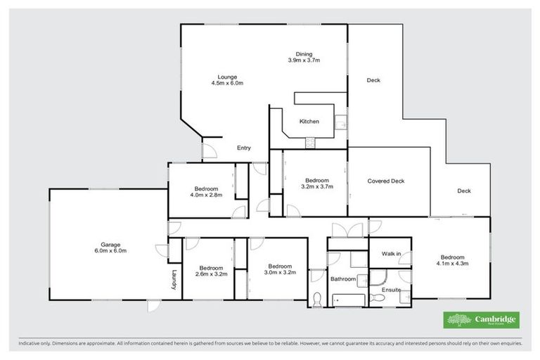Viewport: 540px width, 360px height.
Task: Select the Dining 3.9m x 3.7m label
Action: tap(304, 58)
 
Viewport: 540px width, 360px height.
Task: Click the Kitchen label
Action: tap(309, 122)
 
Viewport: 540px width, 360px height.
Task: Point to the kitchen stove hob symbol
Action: tap(309, 143)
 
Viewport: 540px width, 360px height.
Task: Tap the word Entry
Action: tap(244, 148)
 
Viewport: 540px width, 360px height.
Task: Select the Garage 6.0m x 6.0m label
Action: tap(110, 247)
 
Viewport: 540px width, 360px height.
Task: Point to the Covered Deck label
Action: tap(386, 181)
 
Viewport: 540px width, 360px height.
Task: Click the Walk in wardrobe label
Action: tap(391, 253)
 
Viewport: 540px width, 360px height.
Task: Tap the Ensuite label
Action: tap(391, 289)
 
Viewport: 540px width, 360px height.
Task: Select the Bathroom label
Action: tap(344, 278)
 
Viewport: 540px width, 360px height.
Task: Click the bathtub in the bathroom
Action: tap(347, 301)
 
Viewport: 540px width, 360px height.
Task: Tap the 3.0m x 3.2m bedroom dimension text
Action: tap(279, 271)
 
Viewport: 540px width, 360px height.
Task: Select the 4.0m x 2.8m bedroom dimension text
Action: tap(206, 195)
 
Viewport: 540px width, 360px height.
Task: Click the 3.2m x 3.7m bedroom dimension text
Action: tap(316, 187)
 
